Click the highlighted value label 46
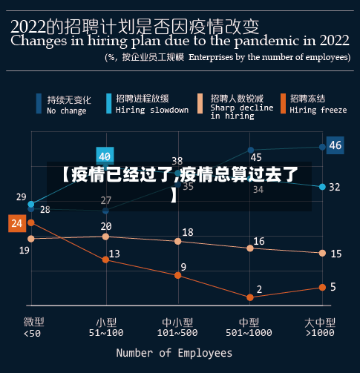click(335, 145)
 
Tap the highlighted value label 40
click(105, 156)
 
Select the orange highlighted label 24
click(16, 222)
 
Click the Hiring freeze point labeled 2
click(250, 297)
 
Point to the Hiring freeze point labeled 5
click(322, 287)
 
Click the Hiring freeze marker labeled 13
click(105, 260)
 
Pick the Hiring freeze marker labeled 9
click(177, 275)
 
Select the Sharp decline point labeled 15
click(322, 253)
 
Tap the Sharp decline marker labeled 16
click(250, 248)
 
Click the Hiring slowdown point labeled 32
click(322, 187)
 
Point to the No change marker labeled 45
click(250, 150)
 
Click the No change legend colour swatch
click(39, 104)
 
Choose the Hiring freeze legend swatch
click(281, 104)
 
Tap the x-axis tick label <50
click(33, 333)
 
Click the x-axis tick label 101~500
click(178, 333)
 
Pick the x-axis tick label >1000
click(321, 333)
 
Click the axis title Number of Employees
click(174, 353)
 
